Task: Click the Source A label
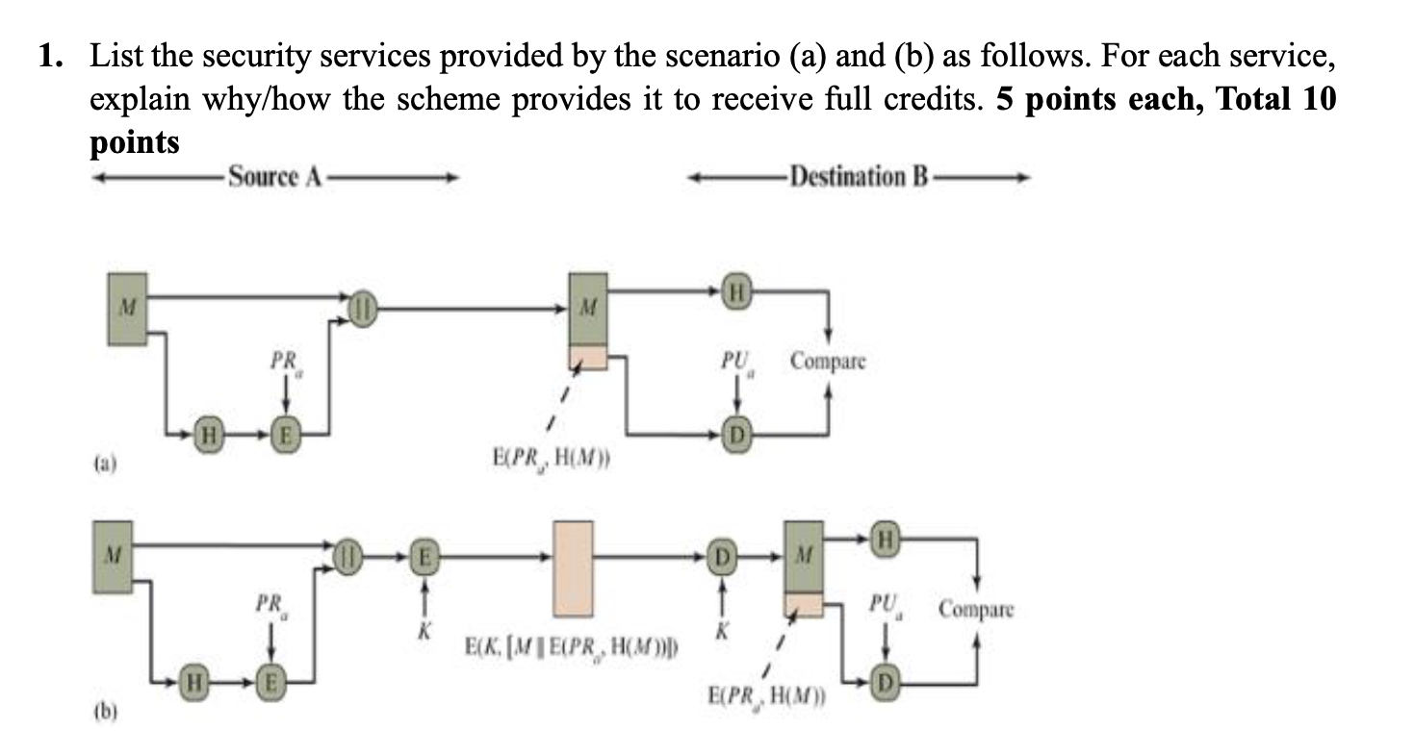tap(274, 177)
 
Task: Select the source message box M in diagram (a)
tap(127, 308)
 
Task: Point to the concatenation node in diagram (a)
tap(363, 309)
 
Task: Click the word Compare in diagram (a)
tap(828, 362)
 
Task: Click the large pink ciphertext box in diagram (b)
tap(573, 568)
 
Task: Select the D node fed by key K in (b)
tap(718, 555)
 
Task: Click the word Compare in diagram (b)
tap(976, 609)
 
